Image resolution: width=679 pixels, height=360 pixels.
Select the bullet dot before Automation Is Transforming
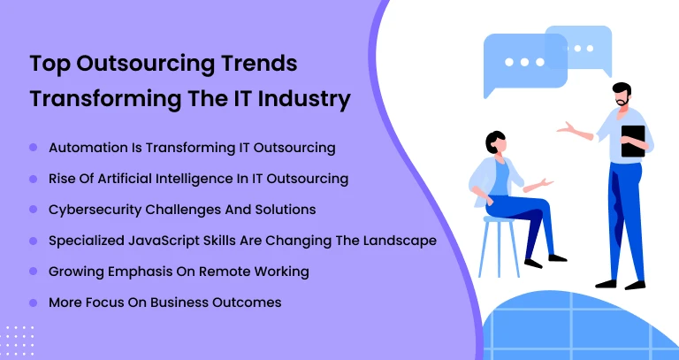pyautogui.click(x=34, y=147)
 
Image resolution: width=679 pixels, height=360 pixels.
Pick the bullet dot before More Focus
pyautogui.click(x=34, y=303)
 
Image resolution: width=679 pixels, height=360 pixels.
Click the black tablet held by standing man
pyautogui.click(x=633, y=141)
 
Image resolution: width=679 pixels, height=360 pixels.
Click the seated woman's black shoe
pyautogui.click(x=557, y=257)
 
